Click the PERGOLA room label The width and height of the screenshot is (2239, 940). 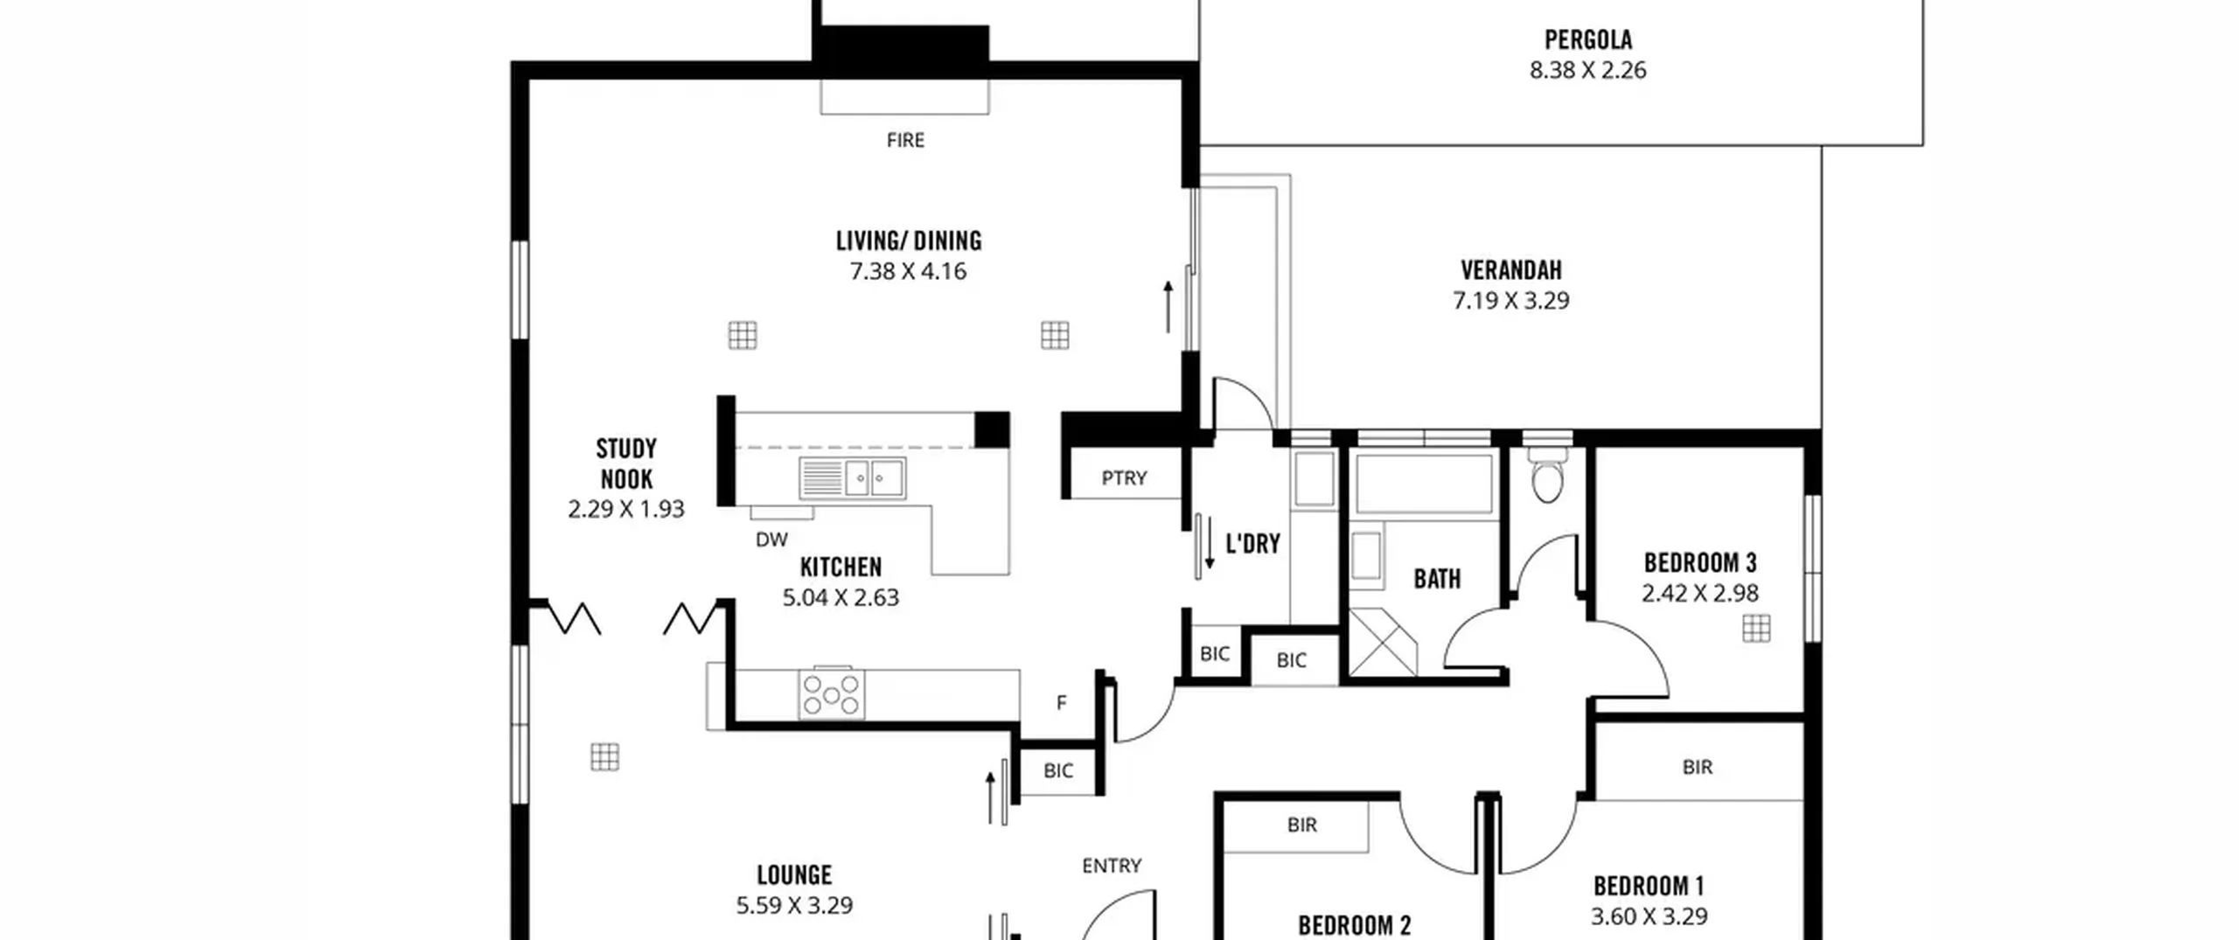[x=1587, y=39]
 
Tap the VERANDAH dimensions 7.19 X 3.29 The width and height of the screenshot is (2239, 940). [x=1510, y=300]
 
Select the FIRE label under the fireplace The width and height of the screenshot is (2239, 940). [x=905, y=140]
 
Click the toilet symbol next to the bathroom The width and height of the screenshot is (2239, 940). [x=1546, y=477]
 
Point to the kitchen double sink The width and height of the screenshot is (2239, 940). [x=852, y=478]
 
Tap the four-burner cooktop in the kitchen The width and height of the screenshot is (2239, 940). [x=831, y=693]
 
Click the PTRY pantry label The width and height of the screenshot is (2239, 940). [x=1124, y=478]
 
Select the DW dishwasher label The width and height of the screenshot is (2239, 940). [x=771, y=540]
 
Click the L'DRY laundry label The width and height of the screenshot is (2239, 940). [x=1252, y=544]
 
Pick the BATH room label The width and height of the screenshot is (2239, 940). [x=1437, y=578]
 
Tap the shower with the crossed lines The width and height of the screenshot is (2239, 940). [x=1383, y=643]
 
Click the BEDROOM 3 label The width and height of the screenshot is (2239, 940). [x=1699, y=562]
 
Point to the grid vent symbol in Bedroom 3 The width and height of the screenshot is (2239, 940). [x=1756, y=628]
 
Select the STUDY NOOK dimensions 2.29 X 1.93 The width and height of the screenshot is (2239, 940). [x=626, y=509]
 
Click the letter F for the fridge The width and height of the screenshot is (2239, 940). [x=1061, y=702]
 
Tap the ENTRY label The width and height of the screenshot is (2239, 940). [x=1112, y=866]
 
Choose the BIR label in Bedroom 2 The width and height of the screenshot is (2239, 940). [x=1301, y=825]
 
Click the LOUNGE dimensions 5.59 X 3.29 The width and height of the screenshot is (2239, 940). [x=794, y=905]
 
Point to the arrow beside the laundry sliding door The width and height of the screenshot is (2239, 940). [x=1210, y=542]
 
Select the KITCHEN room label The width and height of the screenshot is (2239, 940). [x=840, y=567]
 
